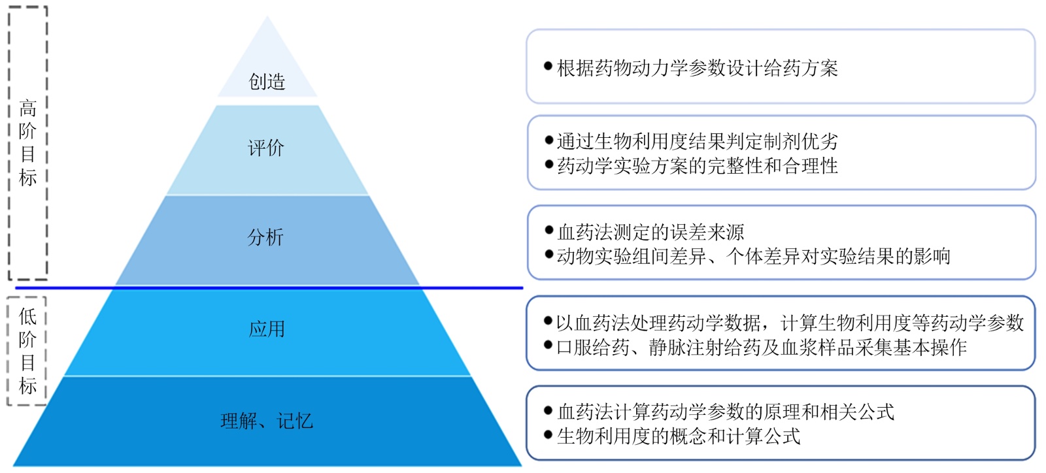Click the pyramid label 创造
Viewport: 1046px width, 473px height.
(267, 82)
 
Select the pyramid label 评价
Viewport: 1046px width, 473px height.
(266, 148)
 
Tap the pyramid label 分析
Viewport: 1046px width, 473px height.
(265, 237)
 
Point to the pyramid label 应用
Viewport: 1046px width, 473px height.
(267, 329)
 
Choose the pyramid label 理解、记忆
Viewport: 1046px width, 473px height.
(267, 421)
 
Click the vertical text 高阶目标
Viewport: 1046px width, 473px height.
(27, 142)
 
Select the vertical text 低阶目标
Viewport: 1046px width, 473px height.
(27, 351)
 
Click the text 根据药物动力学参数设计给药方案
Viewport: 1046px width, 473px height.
(697, 68)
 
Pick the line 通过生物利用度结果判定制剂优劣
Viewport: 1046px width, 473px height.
(697, 141)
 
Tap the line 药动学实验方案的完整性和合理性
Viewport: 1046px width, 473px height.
(697, 166)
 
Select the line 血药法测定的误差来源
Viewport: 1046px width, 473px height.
(650, 232)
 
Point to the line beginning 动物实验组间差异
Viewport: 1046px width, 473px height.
(753, 256)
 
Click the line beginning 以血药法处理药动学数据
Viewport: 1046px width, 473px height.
(790, 323)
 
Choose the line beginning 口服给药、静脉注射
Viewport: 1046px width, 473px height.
(761, 347)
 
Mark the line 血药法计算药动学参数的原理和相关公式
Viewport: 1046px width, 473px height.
(726, 412)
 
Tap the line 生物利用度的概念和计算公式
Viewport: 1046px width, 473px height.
(679, 436)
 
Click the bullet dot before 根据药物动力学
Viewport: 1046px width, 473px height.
(548, 66)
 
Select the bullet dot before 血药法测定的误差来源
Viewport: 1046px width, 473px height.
(548, 230)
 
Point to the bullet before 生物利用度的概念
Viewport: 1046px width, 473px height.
(548, 434)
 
